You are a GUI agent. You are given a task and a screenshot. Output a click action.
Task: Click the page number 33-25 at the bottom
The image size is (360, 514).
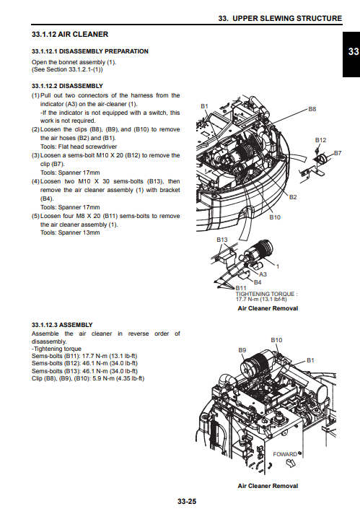(x=187, y=501)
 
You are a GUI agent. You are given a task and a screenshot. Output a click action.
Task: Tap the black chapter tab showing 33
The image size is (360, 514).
(x=351, y=54)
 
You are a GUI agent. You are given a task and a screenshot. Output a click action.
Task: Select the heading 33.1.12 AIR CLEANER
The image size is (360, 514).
(x=70, y=35)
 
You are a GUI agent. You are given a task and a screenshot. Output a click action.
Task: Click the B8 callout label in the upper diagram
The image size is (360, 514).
(x=312, y=109)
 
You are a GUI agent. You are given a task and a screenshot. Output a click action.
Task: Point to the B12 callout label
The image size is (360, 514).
(x=321, y=140)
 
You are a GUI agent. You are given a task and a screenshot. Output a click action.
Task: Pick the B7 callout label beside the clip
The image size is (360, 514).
(x=338, y=153)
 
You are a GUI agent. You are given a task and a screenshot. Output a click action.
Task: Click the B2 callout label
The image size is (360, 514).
(x=293, y=197)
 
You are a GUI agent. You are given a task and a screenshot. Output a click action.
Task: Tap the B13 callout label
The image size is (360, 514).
(x=221, y=240)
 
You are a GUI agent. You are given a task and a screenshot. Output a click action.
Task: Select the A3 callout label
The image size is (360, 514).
(x=263, y=274)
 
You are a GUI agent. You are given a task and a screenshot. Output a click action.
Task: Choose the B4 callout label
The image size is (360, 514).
(x=258, y=282)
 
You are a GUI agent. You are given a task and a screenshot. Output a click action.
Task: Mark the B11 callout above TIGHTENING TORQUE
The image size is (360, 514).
(x=241, y=288)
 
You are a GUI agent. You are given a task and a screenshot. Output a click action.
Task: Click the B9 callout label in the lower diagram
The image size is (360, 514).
(x=242, y=350)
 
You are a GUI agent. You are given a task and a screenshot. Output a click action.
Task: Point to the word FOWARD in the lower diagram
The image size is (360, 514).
(x=285, y=454)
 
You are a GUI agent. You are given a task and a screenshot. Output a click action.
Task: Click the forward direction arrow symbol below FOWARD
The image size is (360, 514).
(x=291, y=463)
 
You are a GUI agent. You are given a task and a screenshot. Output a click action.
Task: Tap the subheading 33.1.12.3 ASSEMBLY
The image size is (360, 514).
(x=62, y=325)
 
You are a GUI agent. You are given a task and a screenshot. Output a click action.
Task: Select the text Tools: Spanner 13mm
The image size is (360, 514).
(x=70, y=232)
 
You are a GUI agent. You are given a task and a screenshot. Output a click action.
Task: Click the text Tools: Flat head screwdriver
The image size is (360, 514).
(x=79, y=147)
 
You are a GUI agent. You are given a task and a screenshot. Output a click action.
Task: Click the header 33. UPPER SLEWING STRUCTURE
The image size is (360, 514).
(x=280, y=18)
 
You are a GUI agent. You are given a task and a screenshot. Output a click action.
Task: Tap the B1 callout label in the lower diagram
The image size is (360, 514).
(x=310, y=360)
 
